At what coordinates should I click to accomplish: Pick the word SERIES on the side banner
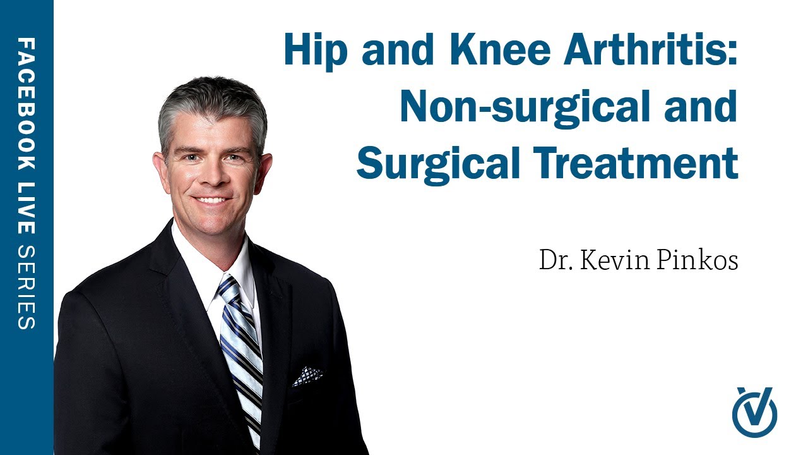pos(27,287)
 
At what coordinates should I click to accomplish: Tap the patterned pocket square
pos(307,376)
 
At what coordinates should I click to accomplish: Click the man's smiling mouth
pos(211,200)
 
